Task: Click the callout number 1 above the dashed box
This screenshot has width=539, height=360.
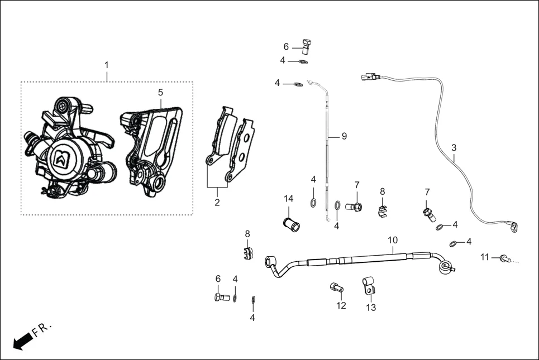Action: tap(106, 66)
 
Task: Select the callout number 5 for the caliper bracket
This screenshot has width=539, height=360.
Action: tap(160, 92)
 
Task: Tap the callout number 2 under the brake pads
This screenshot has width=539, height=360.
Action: tap(217, 202)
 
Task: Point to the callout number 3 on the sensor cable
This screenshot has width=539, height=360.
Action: tap(454, 148)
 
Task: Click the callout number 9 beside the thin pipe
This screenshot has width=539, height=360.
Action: tap(344, 136)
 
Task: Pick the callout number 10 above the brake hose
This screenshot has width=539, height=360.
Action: tap(393, 240)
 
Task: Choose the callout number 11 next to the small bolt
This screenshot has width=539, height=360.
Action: tap(485, 257)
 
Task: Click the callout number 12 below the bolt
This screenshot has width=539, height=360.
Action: tap(341, 305)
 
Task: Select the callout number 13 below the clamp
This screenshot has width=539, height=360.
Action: tap(371, 307)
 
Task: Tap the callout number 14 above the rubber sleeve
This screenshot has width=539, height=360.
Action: tap(288, 199)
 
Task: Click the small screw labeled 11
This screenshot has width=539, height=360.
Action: tap(505, 258)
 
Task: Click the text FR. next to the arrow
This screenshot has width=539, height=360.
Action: tap(42, 329)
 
